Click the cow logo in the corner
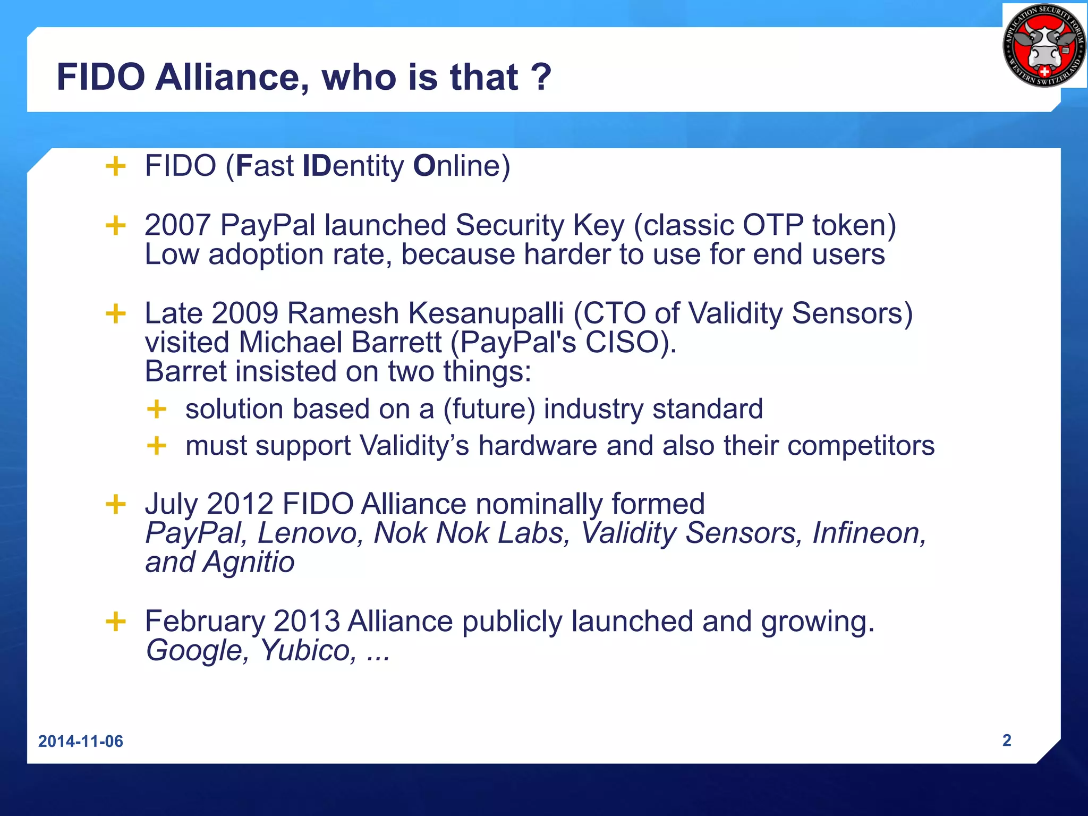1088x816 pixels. [x=1044, y=46]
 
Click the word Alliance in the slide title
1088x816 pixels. [x=232, y=78]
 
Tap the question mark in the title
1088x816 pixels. [x=541, y=78]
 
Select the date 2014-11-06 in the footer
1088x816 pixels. [x=81, y=741]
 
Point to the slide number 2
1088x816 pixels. [x=1006, y=740]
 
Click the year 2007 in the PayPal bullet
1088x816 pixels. [x=178, y=225]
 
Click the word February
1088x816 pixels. [x=205, y=621]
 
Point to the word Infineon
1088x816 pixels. [x=869, y=533]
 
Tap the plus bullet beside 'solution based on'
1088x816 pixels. [x=157, y=410]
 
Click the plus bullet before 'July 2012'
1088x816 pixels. [x=116, y=504]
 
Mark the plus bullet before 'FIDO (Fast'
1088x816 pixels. [x=116, y=166]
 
